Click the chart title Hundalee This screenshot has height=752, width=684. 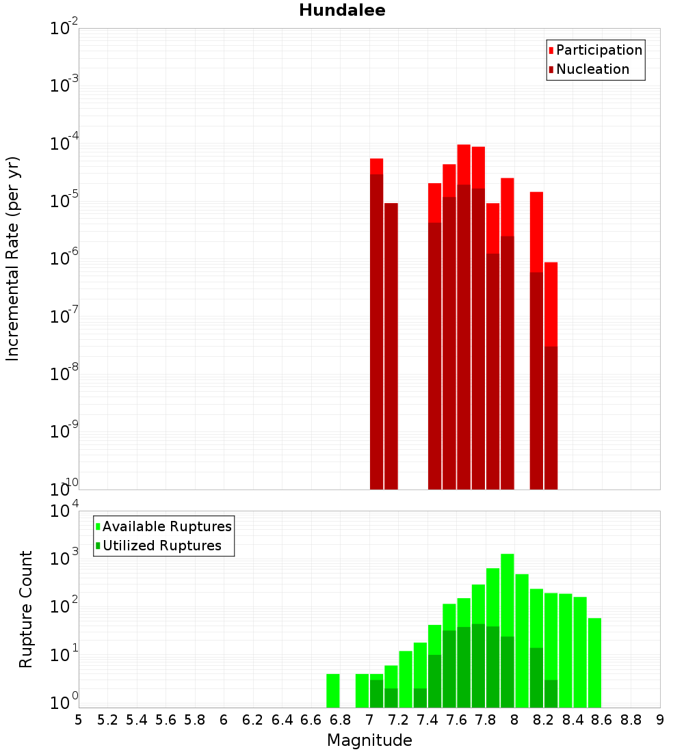pos(342,10)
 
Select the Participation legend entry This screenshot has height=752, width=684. pos(599,50)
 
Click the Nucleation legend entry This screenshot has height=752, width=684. pos(592,69)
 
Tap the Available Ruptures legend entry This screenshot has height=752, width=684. pos(167,526)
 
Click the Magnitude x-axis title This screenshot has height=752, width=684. pos(369,740)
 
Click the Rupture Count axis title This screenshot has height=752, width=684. pos(26,609)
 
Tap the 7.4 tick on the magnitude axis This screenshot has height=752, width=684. pos(428,720)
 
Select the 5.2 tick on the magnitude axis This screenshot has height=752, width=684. pos(108,720)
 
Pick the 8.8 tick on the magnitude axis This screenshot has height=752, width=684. pos(631,720)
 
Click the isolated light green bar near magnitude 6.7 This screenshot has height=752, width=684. pos(333,690)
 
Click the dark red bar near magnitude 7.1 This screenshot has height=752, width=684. pos(391,342)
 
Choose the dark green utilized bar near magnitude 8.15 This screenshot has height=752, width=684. pos(536,677)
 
